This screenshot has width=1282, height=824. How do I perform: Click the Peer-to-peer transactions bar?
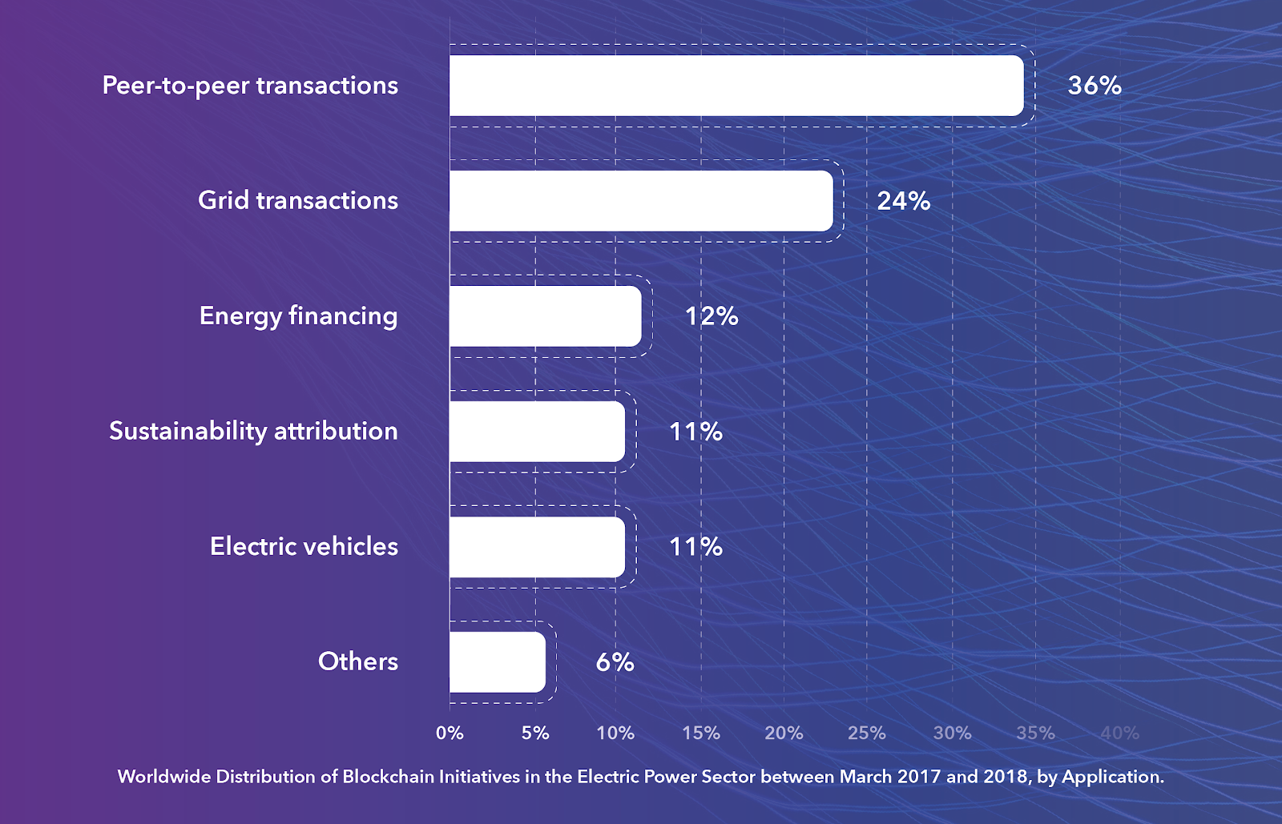[x=736, y=86]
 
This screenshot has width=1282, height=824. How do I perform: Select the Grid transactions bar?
[x=641, y=201]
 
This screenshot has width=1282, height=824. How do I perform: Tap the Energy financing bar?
[x=545, y=316]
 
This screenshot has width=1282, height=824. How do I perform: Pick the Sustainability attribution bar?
[x=537, y=432]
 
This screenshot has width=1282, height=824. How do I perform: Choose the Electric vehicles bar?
[x=537, y=547]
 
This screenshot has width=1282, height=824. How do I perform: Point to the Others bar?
[x=498, y=662]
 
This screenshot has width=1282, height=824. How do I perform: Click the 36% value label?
[x=1095, y=86]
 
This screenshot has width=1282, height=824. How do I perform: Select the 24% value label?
[x=904, y=201]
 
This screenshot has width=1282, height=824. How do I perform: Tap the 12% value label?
[x=712, y=316]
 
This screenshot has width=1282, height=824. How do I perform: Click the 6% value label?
[x=615, y=662]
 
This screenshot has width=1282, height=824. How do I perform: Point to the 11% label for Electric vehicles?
[x=695, y=547]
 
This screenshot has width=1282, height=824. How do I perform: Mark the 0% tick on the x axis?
[x=450, y=733]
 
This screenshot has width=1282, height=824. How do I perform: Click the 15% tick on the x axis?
[x=701, y=733]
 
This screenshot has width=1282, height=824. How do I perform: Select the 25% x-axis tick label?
[x=867, y=733]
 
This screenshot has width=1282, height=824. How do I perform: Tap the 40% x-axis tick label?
[x=1119, y=733]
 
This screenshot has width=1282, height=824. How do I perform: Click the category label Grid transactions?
[x=298, y=200]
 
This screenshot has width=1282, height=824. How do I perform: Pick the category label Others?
[x=358, y=661]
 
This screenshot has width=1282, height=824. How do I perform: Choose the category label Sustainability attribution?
[x=253, y=431]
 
